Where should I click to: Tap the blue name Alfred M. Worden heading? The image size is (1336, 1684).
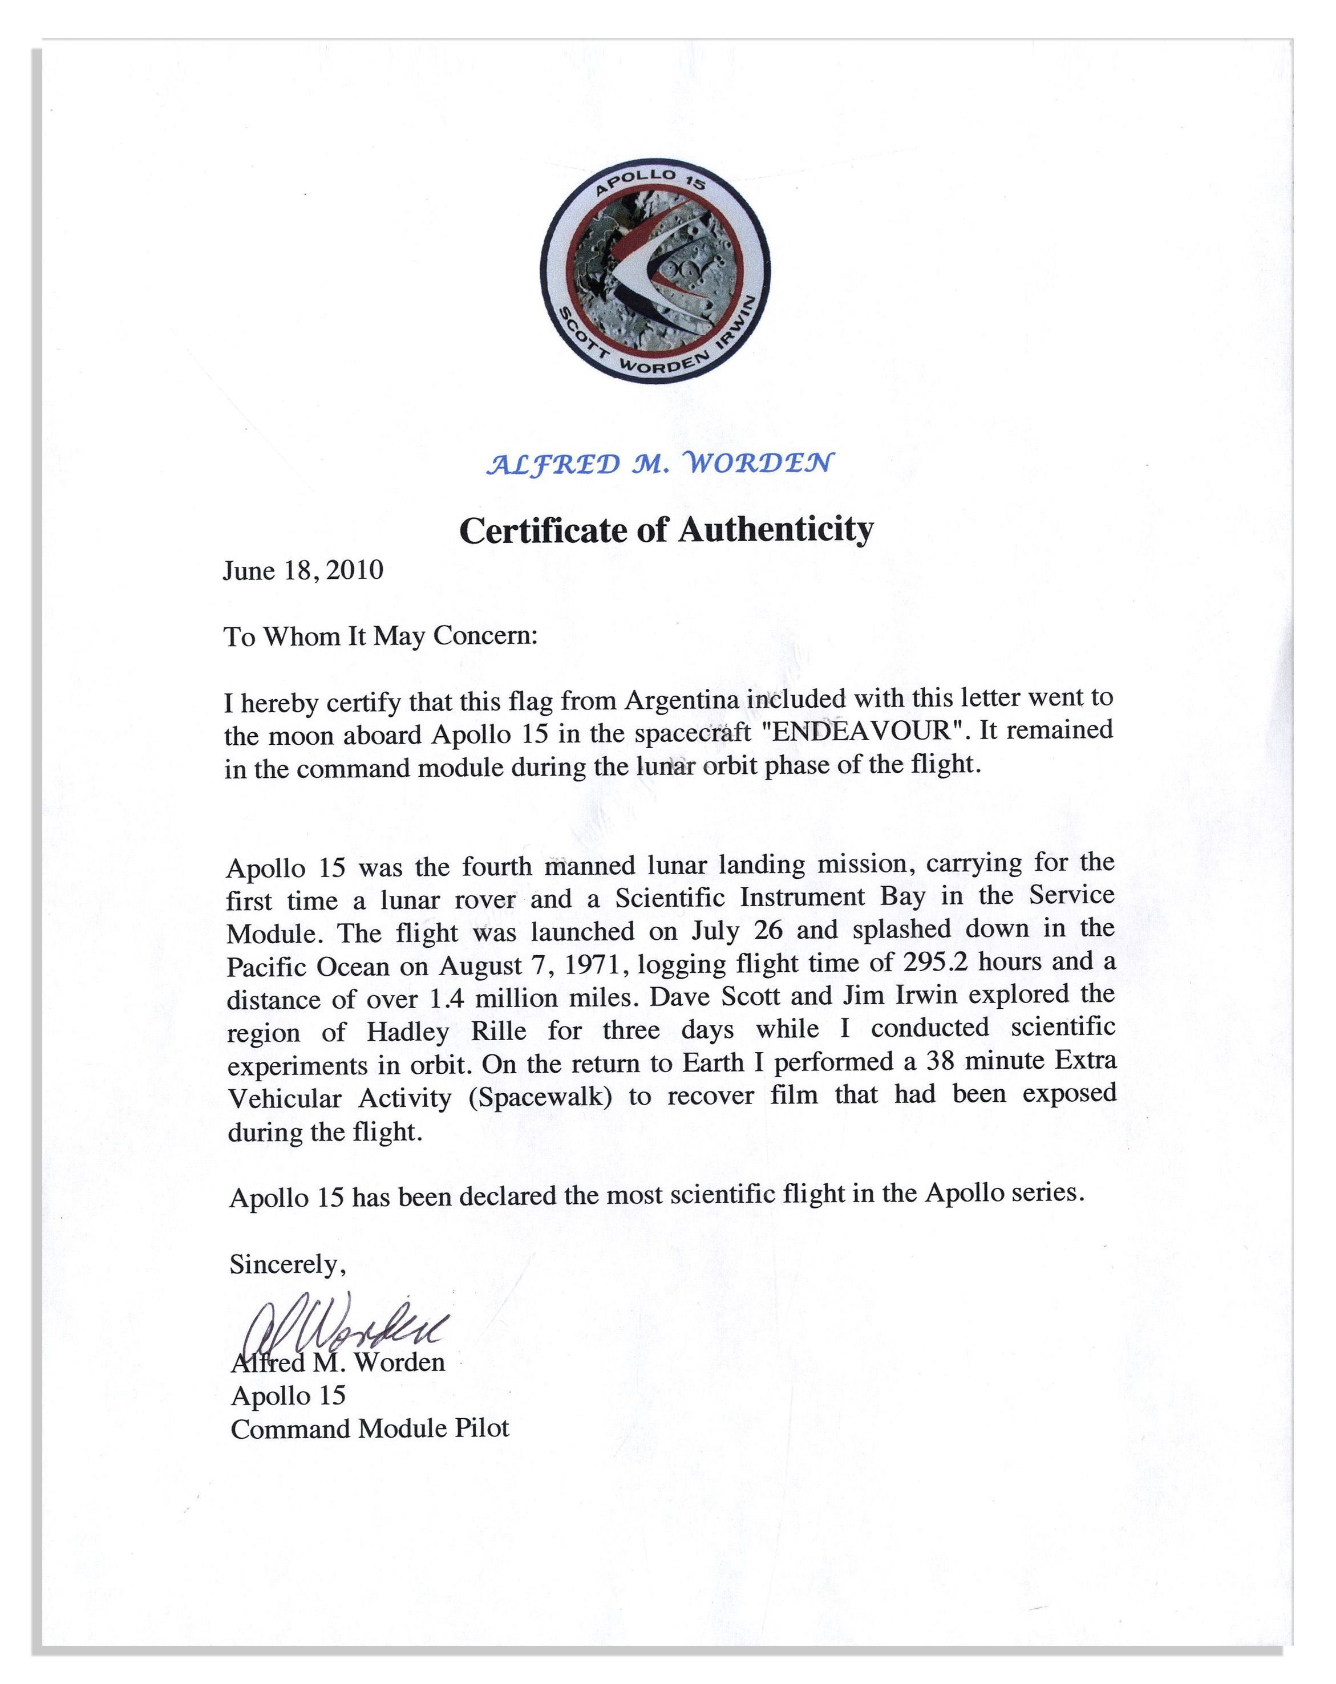659,464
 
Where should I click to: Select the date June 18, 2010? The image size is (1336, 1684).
303,571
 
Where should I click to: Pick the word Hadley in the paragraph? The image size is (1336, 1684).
408,1033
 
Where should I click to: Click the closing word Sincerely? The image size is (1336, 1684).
286,1264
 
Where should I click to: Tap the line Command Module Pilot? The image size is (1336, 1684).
370,1429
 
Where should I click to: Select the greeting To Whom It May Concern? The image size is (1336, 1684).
380,636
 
